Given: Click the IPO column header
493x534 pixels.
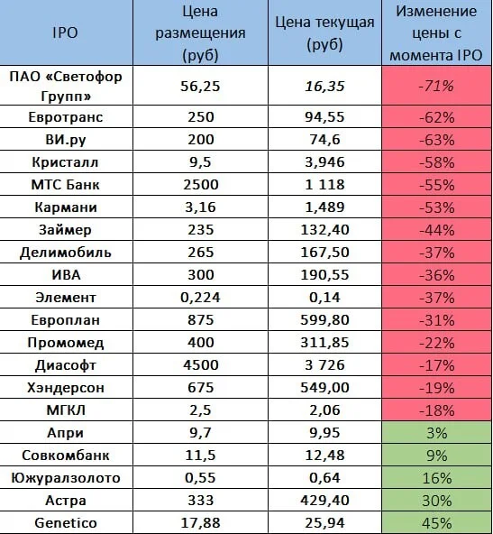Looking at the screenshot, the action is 65,32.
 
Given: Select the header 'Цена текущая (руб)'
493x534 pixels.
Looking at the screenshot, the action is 324,33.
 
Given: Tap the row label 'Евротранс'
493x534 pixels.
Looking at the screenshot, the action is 66,117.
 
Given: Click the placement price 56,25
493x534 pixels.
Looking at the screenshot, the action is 200,87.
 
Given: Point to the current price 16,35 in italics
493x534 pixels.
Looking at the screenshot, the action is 324,87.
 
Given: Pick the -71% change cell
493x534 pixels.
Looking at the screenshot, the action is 436,86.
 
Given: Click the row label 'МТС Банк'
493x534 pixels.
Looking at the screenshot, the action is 65,185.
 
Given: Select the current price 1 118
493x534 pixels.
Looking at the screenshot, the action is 324,185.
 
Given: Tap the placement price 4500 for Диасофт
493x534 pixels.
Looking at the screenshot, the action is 201,364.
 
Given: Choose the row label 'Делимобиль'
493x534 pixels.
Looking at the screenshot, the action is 66,253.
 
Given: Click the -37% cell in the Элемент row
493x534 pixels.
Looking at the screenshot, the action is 436,298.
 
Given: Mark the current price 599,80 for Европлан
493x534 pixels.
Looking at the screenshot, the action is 324,320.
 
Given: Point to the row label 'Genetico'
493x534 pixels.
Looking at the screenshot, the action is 66,523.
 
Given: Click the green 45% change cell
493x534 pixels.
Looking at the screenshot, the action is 436,522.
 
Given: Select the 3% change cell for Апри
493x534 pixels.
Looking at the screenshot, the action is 436,432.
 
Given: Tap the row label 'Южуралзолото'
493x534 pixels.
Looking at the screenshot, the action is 66,478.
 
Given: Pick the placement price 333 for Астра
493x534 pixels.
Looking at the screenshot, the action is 201,501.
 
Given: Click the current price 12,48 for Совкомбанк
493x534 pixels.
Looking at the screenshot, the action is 324,456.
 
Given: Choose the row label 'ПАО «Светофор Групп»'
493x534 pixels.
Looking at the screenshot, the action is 66,87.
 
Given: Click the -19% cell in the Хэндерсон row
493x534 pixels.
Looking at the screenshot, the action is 436,387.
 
